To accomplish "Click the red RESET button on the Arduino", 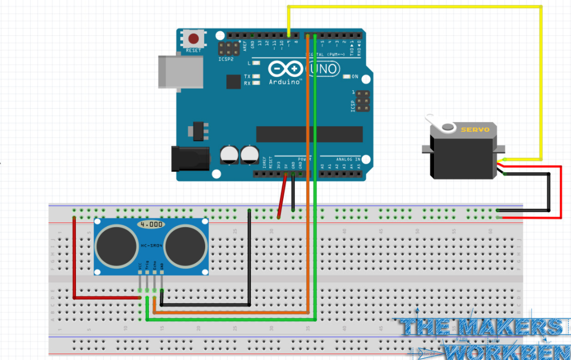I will click(x=194, y=38).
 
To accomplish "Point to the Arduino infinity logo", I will click(x=285, y=69).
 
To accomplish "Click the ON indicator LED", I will click(x=353, y=77).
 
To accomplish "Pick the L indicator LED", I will click(x=257, y=64).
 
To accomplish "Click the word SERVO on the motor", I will click(x=472, y=130).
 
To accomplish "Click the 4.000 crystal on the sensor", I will click(x=151, y=225).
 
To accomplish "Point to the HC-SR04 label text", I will click(x=151, y=246).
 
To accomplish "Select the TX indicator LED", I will click(x=257, y=76).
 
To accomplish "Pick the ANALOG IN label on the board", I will click(x=348, y=159).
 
